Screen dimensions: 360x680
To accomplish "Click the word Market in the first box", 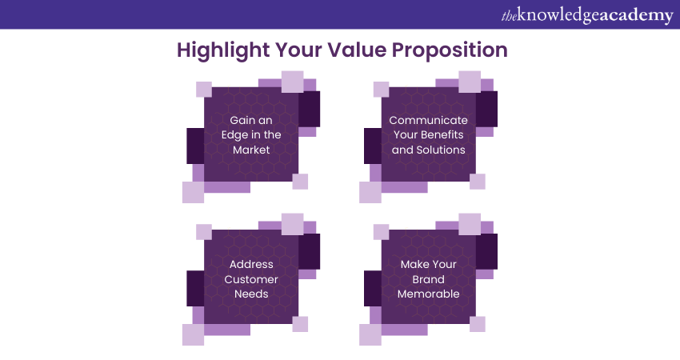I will click(251, 150).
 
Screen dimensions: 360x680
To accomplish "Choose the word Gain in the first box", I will click(242, 120).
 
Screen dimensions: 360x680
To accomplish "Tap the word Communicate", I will click(428, 120).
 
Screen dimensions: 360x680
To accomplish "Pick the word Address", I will click(251, 264).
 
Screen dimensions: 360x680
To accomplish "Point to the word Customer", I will click(251, 279).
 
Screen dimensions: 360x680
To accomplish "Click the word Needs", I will click(251, 294).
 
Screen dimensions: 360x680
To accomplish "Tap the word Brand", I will click(428, 279).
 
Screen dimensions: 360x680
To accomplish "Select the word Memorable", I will click(428, 294).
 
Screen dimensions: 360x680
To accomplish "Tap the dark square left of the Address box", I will click(195, 288).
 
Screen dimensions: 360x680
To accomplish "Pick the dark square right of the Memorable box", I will click(486, 251).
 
